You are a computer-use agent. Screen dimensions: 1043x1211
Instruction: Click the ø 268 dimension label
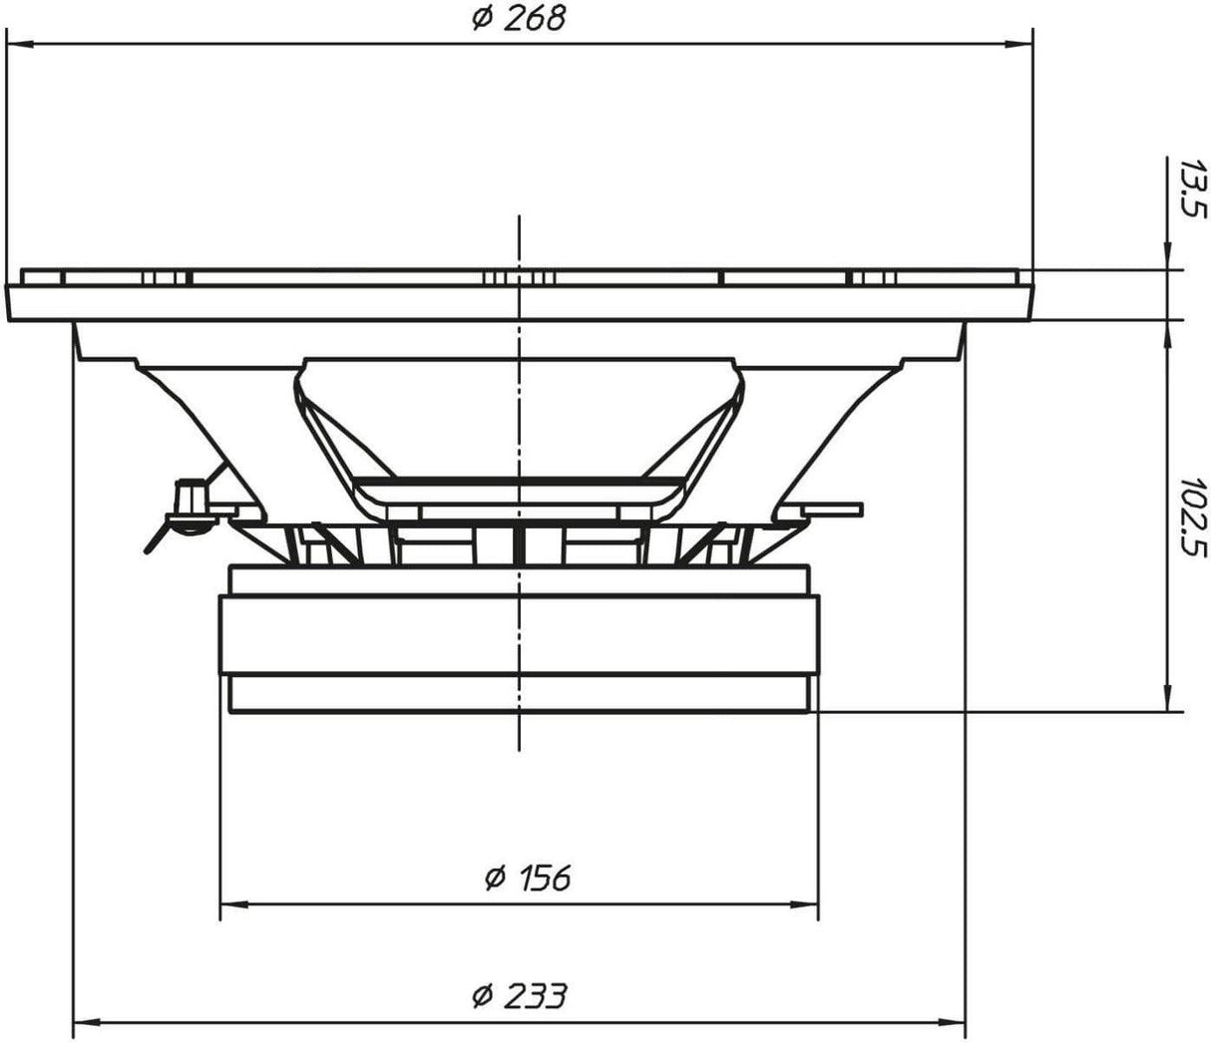[x=518, y=19]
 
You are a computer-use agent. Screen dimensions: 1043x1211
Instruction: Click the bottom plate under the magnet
[x=518, y=694]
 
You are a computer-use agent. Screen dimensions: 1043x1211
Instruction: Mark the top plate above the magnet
[x=518, y=579]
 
